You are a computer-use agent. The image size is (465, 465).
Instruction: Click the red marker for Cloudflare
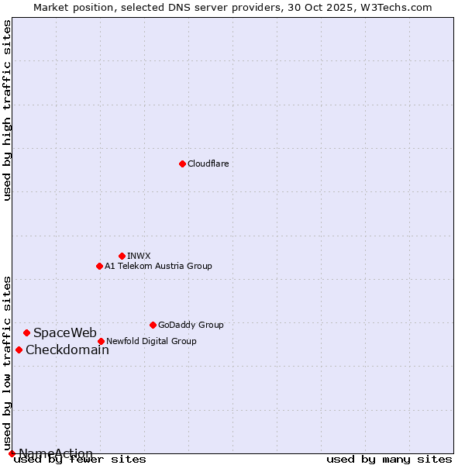tap(182, 164)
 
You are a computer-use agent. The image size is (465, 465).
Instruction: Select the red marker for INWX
tap(122, 256)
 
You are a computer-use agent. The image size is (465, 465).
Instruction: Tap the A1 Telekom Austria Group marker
tap(99, 266)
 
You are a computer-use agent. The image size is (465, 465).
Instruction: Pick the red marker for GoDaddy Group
tap(153, 325)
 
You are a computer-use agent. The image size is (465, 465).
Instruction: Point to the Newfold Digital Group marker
tap(101, 341)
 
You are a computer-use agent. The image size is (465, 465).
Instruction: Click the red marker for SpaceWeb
tap(26, 332)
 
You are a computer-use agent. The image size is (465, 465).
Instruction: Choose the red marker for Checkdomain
tap(19, 350)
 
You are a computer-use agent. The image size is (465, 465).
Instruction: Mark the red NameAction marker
tap(12, 453)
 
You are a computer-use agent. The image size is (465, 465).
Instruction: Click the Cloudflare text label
tap(208, 164)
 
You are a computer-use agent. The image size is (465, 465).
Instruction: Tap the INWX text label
tap(139, 256)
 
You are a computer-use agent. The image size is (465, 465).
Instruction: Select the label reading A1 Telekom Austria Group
tap(158, 266)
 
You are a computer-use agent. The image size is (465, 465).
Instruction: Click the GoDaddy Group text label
tap(191, 325)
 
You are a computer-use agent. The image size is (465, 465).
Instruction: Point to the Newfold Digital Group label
tap(151, 341)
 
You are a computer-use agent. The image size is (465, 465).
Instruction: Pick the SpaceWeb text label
tap(65, 333)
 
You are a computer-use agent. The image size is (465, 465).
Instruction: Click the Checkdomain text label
tap(67, 350)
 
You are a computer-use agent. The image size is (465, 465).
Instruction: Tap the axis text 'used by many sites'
tap(389, 459)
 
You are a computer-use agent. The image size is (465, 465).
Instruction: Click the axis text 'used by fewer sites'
tap(81, 459)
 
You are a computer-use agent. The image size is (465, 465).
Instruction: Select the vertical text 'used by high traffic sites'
tap(7, 110)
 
